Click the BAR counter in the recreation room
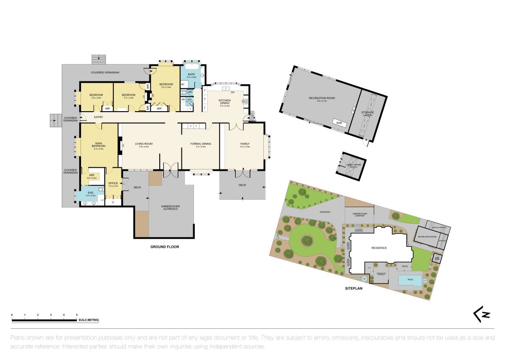[x=339, y=121]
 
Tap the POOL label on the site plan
[x=410, y=279]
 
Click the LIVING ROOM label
[x=144, y=144]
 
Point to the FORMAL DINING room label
[x=201, y=144]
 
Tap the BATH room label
[x=191, y=74]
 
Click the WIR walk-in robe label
[x=92, y=175]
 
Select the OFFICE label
[x=113, y=183]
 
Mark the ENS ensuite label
[x=90, y=193]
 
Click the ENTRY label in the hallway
[x=98, y=117]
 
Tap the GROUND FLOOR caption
[x=164, y=247]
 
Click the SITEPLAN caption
[x=354, y=288]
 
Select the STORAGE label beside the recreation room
[x=367, y=113]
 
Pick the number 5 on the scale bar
[x=77, y=315]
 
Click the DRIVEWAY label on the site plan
[x=325, y=212]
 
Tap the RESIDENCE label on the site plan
[x=379, y=248]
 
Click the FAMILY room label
[x=245, y=144]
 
